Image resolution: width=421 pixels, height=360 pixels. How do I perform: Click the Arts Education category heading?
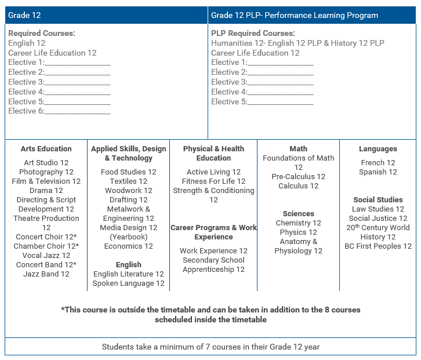46,148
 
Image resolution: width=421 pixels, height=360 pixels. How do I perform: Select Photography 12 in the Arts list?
46,172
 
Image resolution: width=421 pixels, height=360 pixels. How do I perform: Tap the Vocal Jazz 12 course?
46,255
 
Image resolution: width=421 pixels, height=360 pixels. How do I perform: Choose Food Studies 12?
128,172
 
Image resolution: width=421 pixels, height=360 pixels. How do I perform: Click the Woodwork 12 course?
128,190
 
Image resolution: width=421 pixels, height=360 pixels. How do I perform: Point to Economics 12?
128,246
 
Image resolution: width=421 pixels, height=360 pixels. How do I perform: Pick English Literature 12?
128,274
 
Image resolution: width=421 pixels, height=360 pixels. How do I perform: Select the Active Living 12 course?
213,172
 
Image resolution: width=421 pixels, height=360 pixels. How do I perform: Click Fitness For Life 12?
213,181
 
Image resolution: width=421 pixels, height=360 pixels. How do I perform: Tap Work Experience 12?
213,250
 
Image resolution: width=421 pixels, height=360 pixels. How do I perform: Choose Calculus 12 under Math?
298,186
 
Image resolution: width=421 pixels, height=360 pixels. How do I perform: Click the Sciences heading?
298,213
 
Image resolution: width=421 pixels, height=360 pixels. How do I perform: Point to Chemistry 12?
298,223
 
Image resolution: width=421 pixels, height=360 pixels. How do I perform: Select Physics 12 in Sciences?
298,232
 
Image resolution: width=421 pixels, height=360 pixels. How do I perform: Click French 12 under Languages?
378,162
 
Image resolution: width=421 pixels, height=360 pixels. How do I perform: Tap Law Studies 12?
378,209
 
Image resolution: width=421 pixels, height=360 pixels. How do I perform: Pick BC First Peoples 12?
378,246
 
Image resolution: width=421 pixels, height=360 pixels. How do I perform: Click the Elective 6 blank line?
77,111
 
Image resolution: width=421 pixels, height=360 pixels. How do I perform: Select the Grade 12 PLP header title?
294,15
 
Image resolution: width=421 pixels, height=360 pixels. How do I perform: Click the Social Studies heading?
378,199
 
